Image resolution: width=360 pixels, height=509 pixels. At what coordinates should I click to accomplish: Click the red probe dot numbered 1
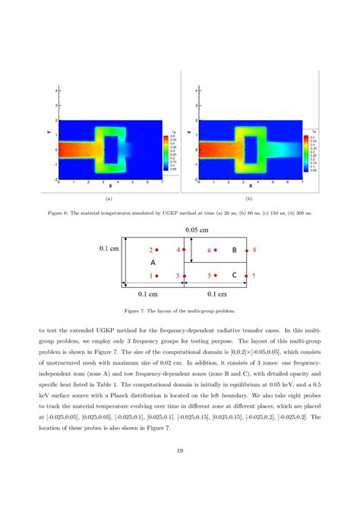coord(159,276)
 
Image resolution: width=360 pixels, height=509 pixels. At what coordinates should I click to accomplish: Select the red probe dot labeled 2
coord(159,249)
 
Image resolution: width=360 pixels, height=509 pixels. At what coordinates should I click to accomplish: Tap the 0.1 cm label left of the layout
coord(109,248)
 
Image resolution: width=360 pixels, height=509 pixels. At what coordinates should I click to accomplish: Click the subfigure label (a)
coord(109,198)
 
